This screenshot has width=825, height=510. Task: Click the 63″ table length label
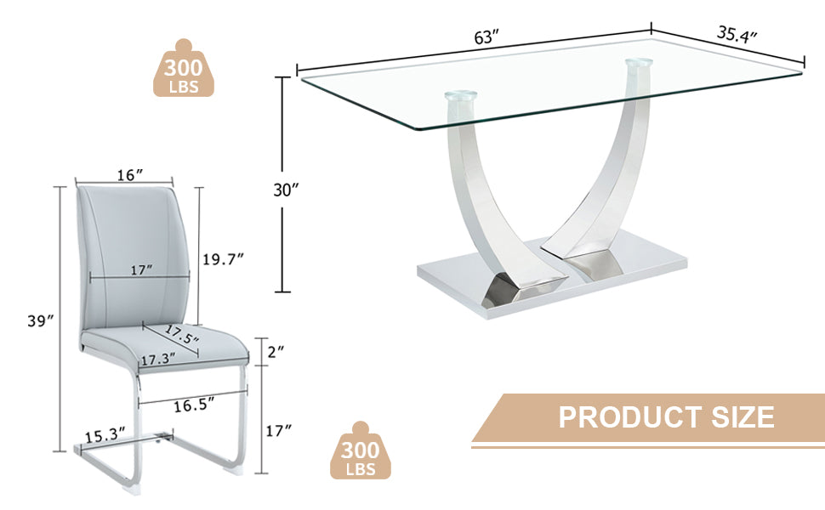[486, 38]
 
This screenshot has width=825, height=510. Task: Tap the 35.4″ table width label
[737, 35]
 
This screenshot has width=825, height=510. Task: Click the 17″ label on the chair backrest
[142, 269]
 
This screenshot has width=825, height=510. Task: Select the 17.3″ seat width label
[158, 359]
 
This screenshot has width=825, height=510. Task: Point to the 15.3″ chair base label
[105, 436]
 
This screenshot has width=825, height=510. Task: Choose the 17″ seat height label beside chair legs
[280, 430]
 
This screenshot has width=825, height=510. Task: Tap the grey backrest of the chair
[136, 246]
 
